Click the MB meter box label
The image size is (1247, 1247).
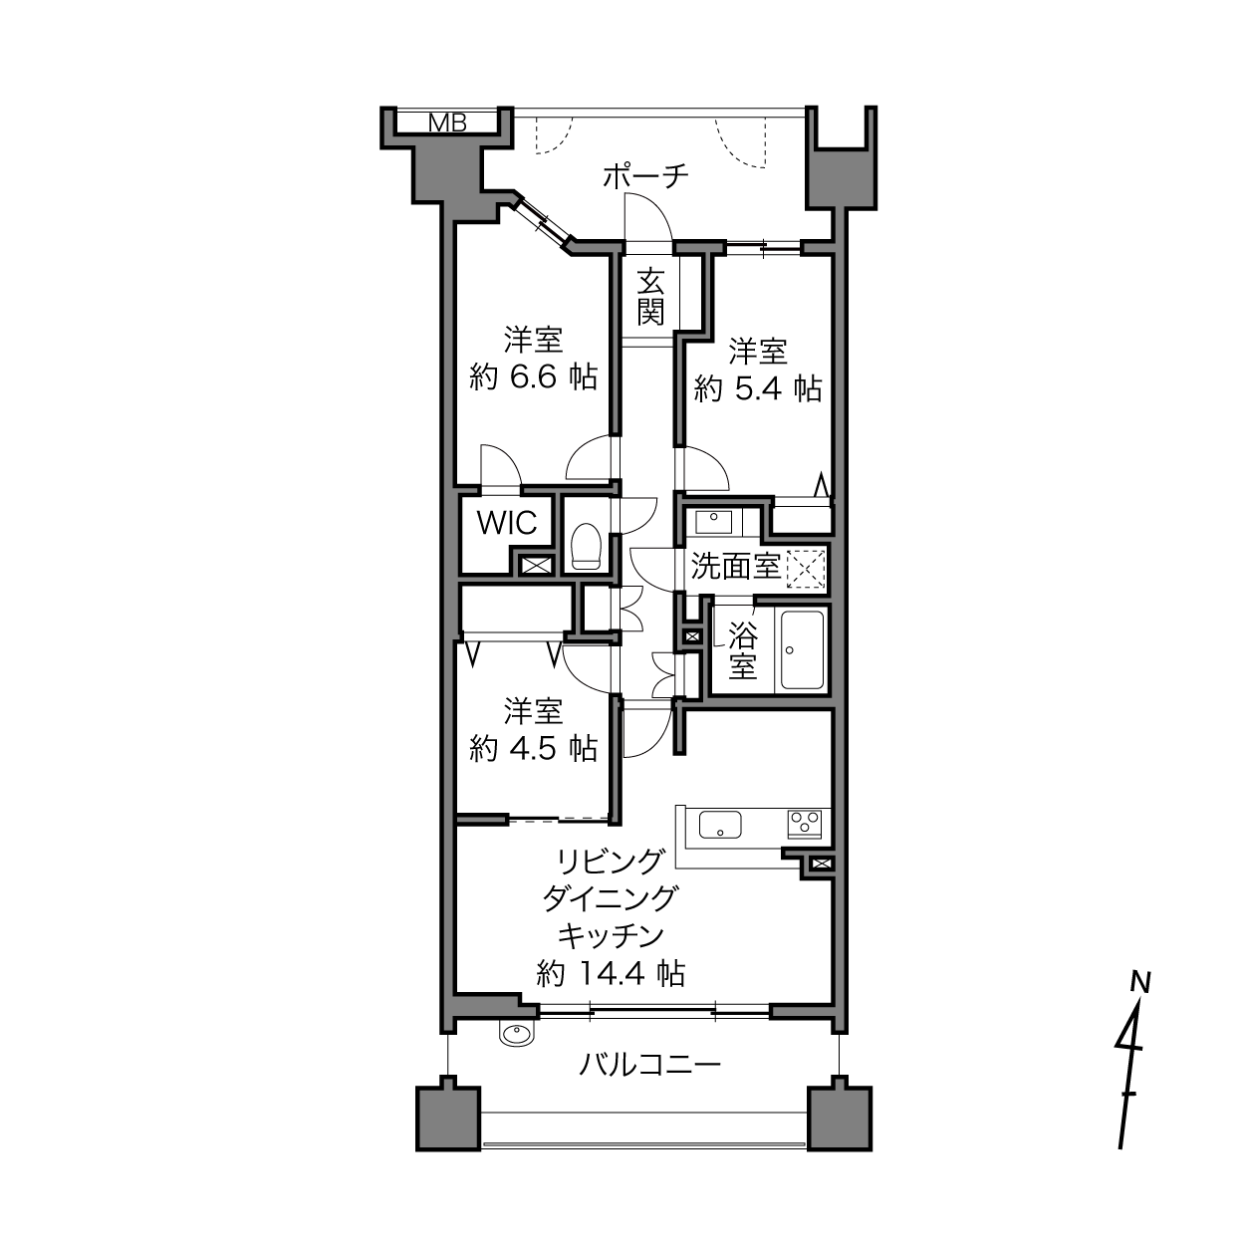tap(447, 122)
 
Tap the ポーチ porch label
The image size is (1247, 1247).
tap(645, 176)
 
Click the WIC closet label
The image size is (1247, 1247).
tap(507, 523)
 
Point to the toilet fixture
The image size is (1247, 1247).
tap(587, 546)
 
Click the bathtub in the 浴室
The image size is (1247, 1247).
tap(802, 650)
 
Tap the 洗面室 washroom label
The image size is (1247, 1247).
tap(735, 567)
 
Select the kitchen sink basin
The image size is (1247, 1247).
tap(719, 825)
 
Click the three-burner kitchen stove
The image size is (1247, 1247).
tap(805, 824)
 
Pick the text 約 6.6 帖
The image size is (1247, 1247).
tap(533, 376)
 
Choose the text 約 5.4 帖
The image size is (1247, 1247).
tap(758, 388)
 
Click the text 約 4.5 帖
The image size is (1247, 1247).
tap(533, 748)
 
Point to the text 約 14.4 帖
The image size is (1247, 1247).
tap(611, 973)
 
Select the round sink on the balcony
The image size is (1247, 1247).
tap(517, 1034)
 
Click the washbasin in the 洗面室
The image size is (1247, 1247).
tap(713, 521)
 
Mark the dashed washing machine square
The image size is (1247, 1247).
tap(806, 569)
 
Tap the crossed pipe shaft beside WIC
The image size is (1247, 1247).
tap(536, 565)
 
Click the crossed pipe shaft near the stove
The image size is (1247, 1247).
tap(820, 864)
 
